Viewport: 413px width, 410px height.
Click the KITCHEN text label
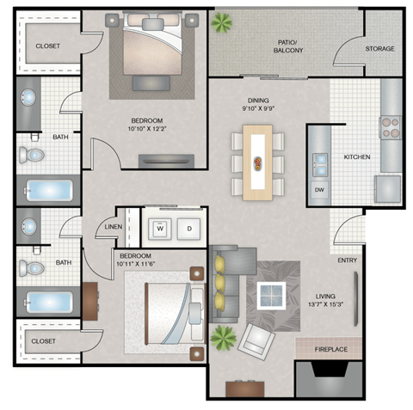[x=357, y=158]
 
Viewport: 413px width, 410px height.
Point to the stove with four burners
[x=391, y=127]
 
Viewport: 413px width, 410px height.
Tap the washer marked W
[x=159, y=229]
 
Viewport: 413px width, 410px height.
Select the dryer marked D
[x=190, y=229]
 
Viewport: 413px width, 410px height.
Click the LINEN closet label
[x=114, y=228]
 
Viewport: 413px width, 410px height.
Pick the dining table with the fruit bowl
[x=258, y=162]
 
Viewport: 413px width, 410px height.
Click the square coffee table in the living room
[x=271, y=295]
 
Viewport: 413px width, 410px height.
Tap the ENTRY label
[x=348, y=261]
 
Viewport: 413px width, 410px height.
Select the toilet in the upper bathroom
[x=33, y=154]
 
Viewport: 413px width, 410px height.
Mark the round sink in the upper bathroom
[x=28, y=96]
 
